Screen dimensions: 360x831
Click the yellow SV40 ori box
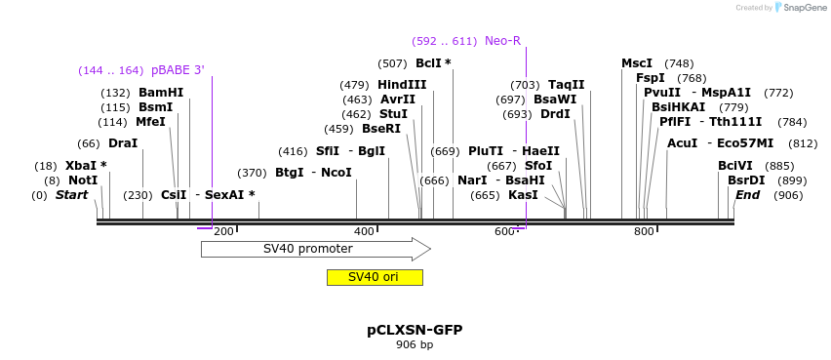375,277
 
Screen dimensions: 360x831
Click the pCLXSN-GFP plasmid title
415,330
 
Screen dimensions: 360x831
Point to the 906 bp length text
415,345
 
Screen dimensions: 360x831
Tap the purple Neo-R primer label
502,41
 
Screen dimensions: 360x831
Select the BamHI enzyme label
161,93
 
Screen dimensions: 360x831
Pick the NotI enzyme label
83,180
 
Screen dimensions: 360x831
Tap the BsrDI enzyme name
746,180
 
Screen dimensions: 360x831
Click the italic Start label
71,195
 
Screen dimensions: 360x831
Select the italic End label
747,195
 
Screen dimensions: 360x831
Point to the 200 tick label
223,231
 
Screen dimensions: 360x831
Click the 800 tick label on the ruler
644,231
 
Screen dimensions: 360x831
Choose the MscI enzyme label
637,63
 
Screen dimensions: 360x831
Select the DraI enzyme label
123,143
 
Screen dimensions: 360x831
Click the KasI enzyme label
523,195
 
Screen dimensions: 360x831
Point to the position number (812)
803,143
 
